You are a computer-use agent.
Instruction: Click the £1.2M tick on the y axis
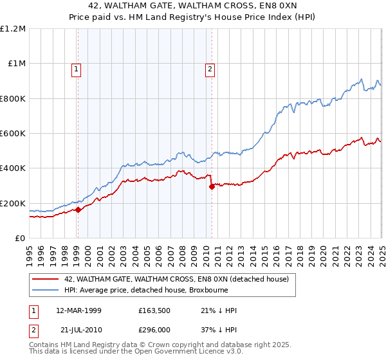coord(12,29)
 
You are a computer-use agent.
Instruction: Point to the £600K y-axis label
coord(14,134)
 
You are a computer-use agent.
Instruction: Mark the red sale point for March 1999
coord(78,210)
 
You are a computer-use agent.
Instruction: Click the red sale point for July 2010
coord(211,187)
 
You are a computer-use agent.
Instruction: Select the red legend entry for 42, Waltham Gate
coord(179,279)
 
